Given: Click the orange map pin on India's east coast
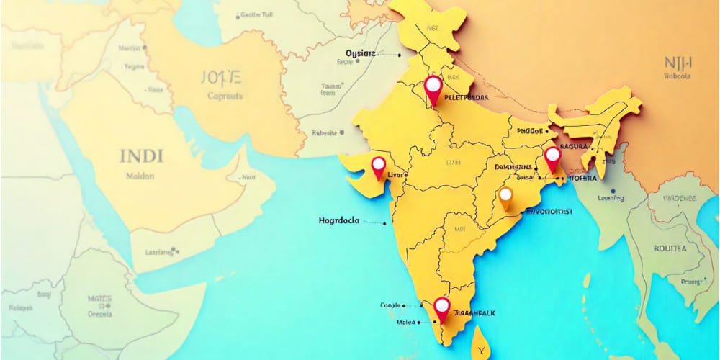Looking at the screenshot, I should pos(505,196).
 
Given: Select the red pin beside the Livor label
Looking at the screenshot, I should pos(379,166).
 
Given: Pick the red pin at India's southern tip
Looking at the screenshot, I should pos(442,307).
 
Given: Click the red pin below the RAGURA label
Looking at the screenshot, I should pos(552,157).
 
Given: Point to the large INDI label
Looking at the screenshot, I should pos(142,156).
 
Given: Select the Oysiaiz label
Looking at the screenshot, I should pos(361,53).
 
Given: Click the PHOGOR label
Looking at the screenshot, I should pos(531,132).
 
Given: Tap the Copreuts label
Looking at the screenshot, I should pos(225,96).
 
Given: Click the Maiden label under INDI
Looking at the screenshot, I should pos(141,175).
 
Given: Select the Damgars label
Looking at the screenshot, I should pos(513,167).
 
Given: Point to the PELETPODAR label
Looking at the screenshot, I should pos(467,96).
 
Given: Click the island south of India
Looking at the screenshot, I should pos(482,341).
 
